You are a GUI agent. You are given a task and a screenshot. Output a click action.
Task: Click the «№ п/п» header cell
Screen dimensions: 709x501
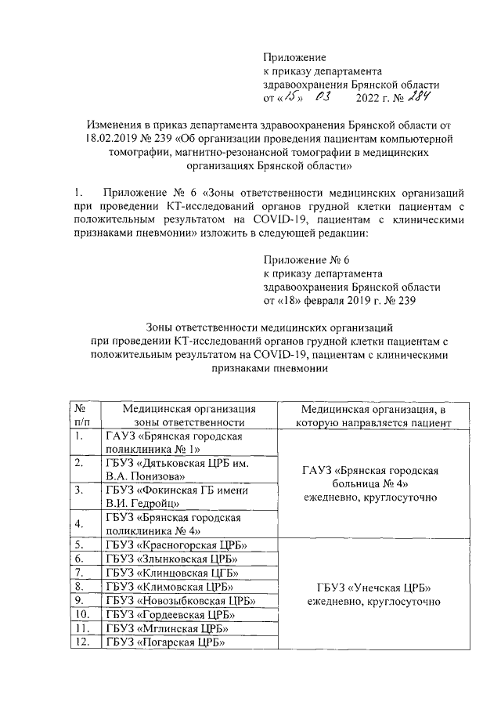coord(81,414)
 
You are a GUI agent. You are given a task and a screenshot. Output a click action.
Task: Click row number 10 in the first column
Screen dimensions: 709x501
coord(80,615)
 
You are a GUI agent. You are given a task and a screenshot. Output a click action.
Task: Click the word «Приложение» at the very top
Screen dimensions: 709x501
coord(294,57)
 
